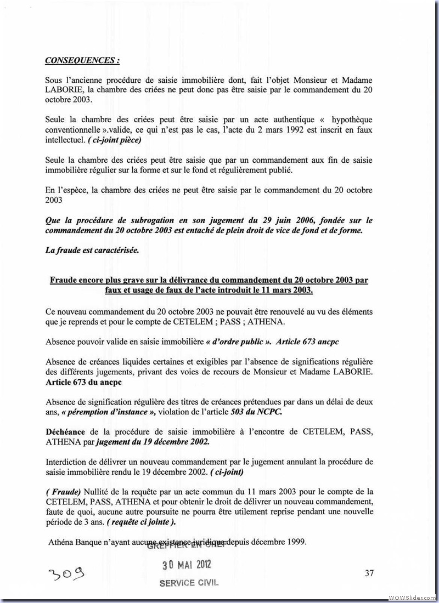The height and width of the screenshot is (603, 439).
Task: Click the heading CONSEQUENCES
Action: coord(82,60)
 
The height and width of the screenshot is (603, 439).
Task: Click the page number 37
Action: coord(369,573)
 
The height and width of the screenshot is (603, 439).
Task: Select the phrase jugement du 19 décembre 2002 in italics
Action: coord(165,441)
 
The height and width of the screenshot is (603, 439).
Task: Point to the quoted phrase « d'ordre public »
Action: coord(238,342)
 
